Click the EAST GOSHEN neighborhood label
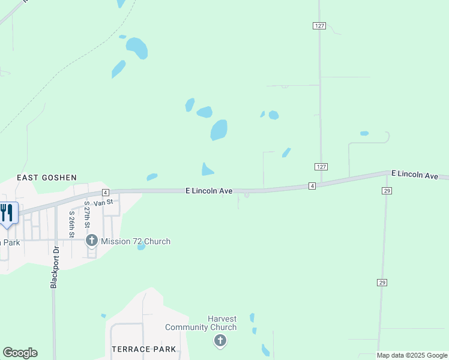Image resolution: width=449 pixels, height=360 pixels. tap(47, 178)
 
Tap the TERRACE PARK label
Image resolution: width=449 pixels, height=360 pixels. tap(144, 349)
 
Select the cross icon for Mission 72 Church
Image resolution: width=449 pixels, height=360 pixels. tap(92, 241)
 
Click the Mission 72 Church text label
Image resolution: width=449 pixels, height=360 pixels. tap(136, 241)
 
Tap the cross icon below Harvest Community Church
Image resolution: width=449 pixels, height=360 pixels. tap(220, 341)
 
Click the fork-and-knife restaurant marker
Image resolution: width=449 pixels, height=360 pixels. tap(7, 213)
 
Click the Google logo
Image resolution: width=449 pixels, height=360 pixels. tap(20, 353)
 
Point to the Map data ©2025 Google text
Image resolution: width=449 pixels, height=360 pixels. tap(412, 355)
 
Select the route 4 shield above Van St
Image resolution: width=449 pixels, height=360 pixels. tap(105, 192)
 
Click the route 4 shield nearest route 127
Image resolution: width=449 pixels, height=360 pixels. tap(312, 186)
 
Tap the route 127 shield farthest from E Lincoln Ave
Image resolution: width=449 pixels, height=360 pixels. tap(319, 25)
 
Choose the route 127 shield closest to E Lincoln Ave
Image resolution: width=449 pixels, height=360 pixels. tap(321, 166)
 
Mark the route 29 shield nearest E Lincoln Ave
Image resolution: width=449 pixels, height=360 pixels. tap(387, 190)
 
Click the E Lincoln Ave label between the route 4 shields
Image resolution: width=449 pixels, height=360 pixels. tap(209, 191)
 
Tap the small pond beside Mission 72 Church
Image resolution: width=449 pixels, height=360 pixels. tap(141, 247)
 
